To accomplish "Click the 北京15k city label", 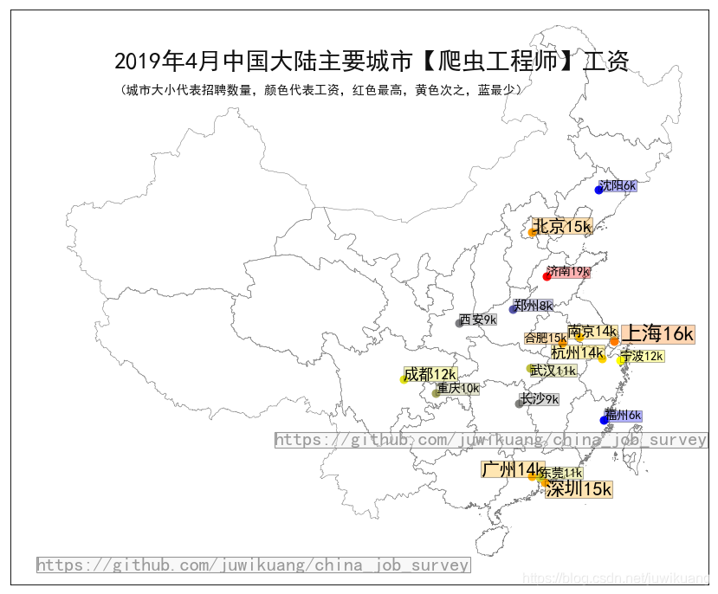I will [x=561, y=227].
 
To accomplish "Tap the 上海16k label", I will [x=658, y=333].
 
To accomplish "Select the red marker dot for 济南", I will [x=547, y=276].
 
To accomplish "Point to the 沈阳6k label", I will [x=618, y=185].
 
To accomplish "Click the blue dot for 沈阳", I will [x=598, y=190].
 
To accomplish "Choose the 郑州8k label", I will [x=533, y=306].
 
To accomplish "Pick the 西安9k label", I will [x=478, y=320].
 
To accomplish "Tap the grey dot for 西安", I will [x=460, y=323].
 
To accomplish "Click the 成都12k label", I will [x=430, y=374].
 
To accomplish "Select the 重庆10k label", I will [x=458, y=388].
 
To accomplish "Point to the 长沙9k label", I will [x=539, y=399].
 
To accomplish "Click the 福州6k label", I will [x=624, y=416].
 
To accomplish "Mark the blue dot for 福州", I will [x=605, y=420].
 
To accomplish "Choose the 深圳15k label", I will [x=579, y=489].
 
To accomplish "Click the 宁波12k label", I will [x=643, y=356].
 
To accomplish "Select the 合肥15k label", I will [x=545, y=338].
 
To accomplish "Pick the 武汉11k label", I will [x=553, y=371].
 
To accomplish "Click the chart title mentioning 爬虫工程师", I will [x=371, y=61].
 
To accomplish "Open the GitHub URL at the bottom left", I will [x=253, y=565].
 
